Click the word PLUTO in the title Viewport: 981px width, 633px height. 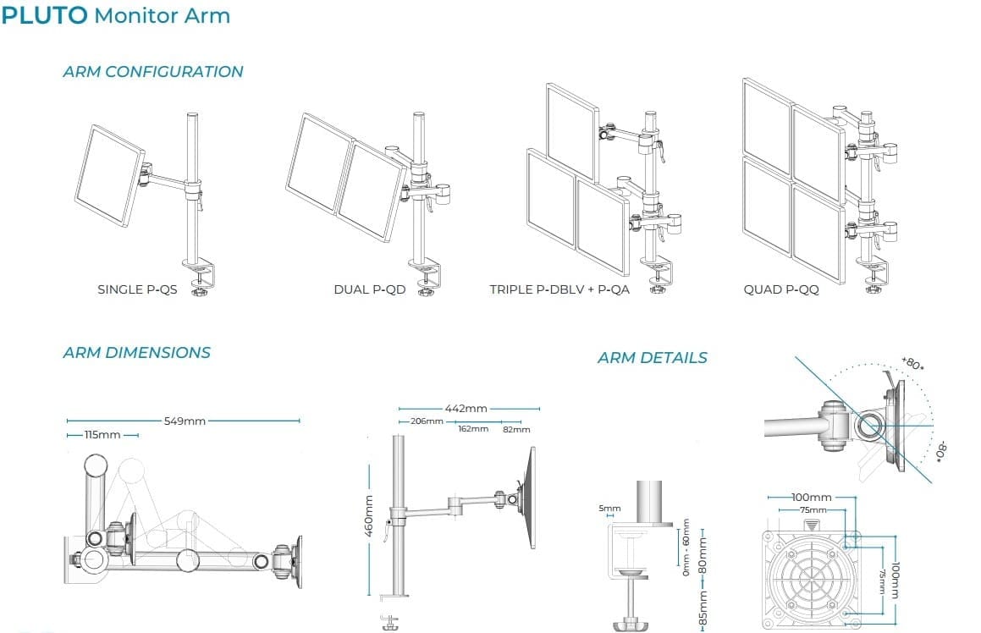[45, 15]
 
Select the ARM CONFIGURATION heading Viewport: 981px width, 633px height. [153, 72]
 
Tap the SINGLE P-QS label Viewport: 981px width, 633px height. [137, 289]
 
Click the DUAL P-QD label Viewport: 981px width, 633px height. [370, 289]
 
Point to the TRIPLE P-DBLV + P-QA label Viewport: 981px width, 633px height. [559, 289]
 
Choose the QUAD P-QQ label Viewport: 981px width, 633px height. [781, 289]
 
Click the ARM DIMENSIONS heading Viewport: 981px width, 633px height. [137, 353]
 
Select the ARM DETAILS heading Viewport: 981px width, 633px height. [653, 358]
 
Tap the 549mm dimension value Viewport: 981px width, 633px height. [185, 420]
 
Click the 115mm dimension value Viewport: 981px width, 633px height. [102, 435]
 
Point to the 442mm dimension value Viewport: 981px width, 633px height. [466, 409]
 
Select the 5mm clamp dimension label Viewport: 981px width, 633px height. [610, 509]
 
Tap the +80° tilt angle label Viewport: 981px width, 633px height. [912, 363]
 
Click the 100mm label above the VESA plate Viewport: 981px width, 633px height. [811, 498]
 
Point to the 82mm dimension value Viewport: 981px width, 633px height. [516, 429]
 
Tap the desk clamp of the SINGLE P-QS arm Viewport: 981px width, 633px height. [202, 273]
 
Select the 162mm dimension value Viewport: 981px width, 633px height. [473, 429]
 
